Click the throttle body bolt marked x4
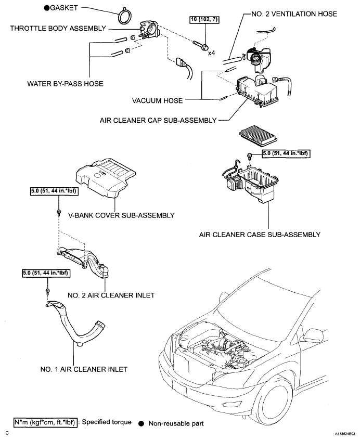click(x=200, y=44)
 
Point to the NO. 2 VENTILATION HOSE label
click(x=294, y=14)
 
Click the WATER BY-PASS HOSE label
click(x=65, y=84)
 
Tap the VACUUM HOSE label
click(x=157, y=100)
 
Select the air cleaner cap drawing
click(x=258, y=91)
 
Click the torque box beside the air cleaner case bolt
click(x=286, y=153)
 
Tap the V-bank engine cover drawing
click(x=106, y=179)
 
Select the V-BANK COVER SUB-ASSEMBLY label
click(x=122, y=215)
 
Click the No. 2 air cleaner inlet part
click(x=84, y=262)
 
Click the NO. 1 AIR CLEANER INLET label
click(x=84, y=369)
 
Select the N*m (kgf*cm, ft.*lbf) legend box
click(x=45, y=423)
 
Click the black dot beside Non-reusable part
click(x=142, y=423)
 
